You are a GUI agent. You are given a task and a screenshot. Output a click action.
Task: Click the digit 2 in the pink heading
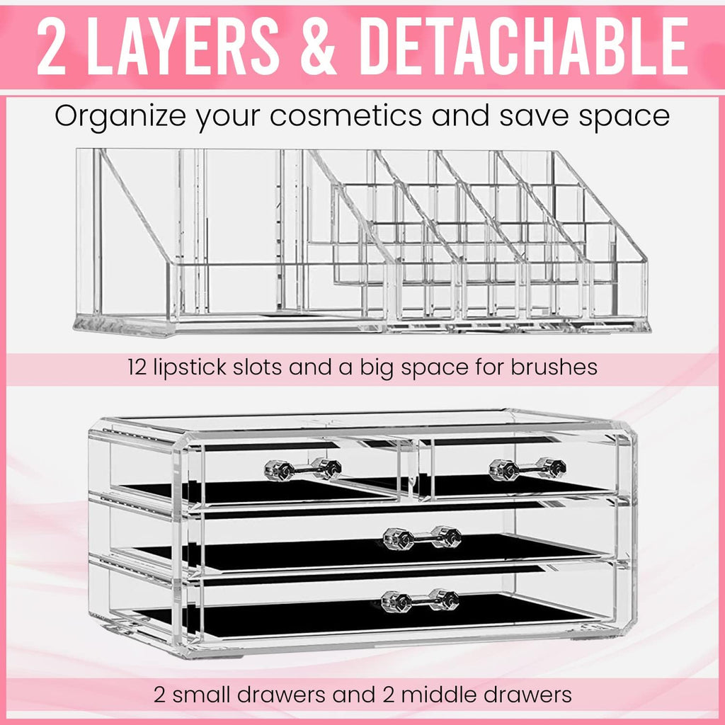point(52,46)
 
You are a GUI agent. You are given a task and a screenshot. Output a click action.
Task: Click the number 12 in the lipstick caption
point(137,367)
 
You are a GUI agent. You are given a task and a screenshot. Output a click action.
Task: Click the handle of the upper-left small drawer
point(303,469)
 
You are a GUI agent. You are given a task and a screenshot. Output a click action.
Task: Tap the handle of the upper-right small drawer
point(527,469)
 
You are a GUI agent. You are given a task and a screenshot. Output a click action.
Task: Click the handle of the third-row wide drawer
point(422,538)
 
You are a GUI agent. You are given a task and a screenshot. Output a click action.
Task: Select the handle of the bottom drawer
point(421,600)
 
